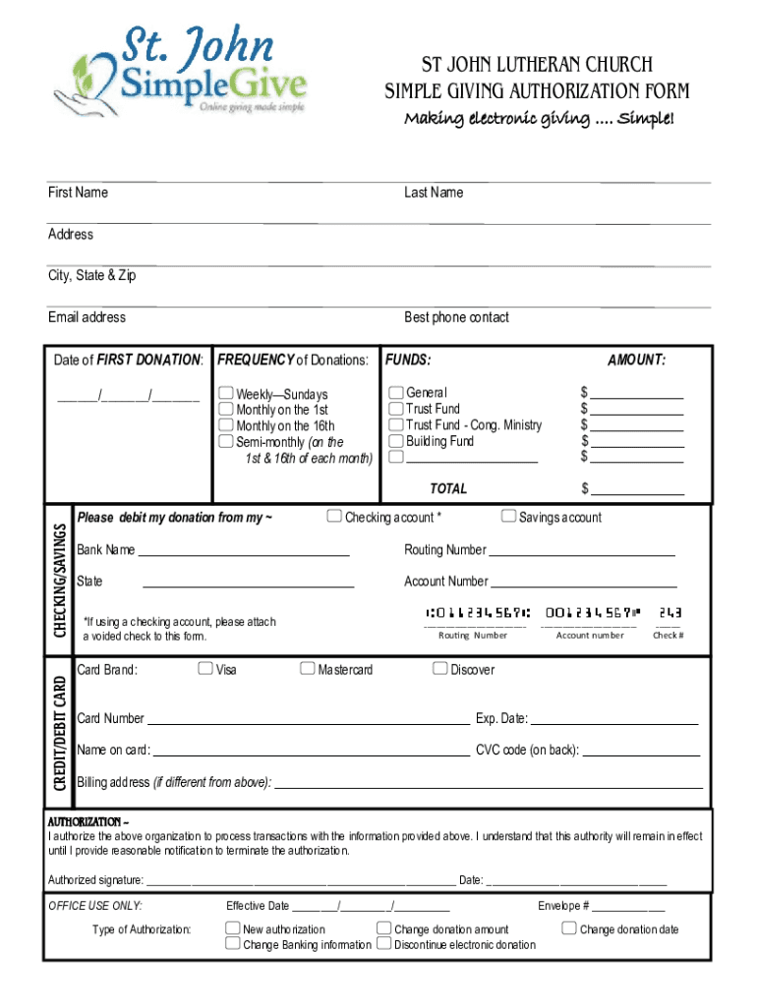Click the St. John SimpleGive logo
180,73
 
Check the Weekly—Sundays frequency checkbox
225,394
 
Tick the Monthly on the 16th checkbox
225,425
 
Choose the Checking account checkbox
334,517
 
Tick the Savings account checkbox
508,517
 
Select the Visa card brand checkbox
204,669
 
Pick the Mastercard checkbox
307,669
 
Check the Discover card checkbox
439,669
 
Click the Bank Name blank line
244,551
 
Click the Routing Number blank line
581,551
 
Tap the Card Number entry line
308,719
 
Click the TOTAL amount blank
636,489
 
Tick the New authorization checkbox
233,928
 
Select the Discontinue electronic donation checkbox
384,944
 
